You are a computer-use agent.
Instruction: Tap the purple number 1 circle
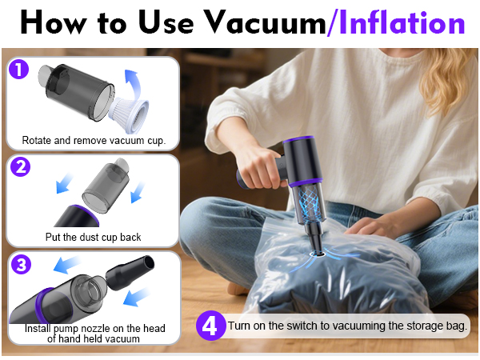click(x=19, y=70)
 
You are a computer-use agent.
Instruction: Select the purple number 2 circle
click(x=19, y=166)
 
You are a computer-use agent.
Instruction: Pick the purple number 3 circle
click(x=19, y=266)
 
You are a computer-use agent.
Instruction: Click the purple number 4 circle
click(x=210, y=326)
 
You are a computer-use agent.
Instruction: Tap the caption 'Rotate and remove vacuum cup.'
click(x=94, y=141)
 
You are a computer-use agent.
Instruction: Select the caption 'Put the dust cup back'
click(x=94, y=238)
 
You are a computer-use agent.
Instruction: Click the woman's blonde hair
click(x=448, y=80)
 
